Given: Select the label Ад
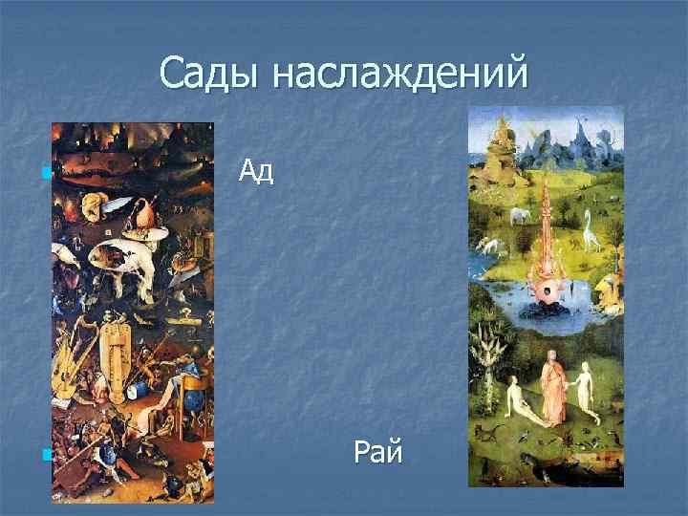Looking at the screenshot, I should click(256, 171).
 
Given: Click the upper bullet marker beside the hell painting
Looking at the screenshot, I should click(45, 173).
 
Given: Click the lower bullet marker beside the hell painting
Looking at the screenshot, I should click(45, 455).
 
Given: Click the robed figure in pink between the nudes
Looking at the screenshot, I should click(551, 387).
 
